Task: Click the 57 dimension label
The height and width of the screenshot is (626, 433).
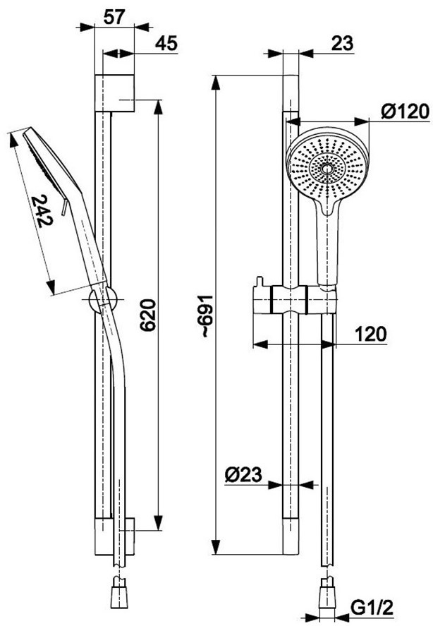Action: [x=114, y=17]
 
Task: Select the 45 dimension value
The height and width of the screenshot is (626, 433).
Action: [x=166, y=44]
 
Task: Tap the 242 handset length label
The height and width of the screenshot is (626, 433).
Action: [x=43, y=211]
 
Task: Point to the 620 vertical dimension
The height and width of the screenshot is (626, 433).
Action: [x=147, y=315]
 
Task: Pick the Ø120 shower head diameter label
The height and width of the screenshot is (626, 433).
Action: [x=405, y=111]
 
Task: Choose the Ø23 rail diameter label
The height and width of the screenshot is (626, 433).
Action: [x=243, y=475]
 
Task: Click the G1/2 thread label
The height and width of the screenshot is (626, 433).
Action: [x=372, y=608]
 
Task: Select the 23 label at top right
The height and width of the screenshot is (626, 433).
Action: [x=343, y=44]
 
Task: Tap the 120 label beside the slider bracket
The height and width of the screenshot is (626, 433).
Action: [x=371, y=334]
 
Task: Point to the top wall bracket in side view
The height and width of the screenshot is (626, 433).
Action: [x=114, y=93]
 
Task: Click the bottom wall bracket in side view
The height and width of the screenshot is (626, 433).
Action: [x=114, y=536]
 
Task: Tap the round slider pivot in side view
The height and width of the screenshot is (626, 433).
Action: [x=103, y=299]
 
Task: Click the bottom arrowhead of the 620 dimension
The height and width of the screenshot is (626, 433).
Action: [x=159, y=522]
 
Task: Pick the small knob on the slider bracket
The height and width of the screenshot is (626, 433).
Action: [x=260, y=282]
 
